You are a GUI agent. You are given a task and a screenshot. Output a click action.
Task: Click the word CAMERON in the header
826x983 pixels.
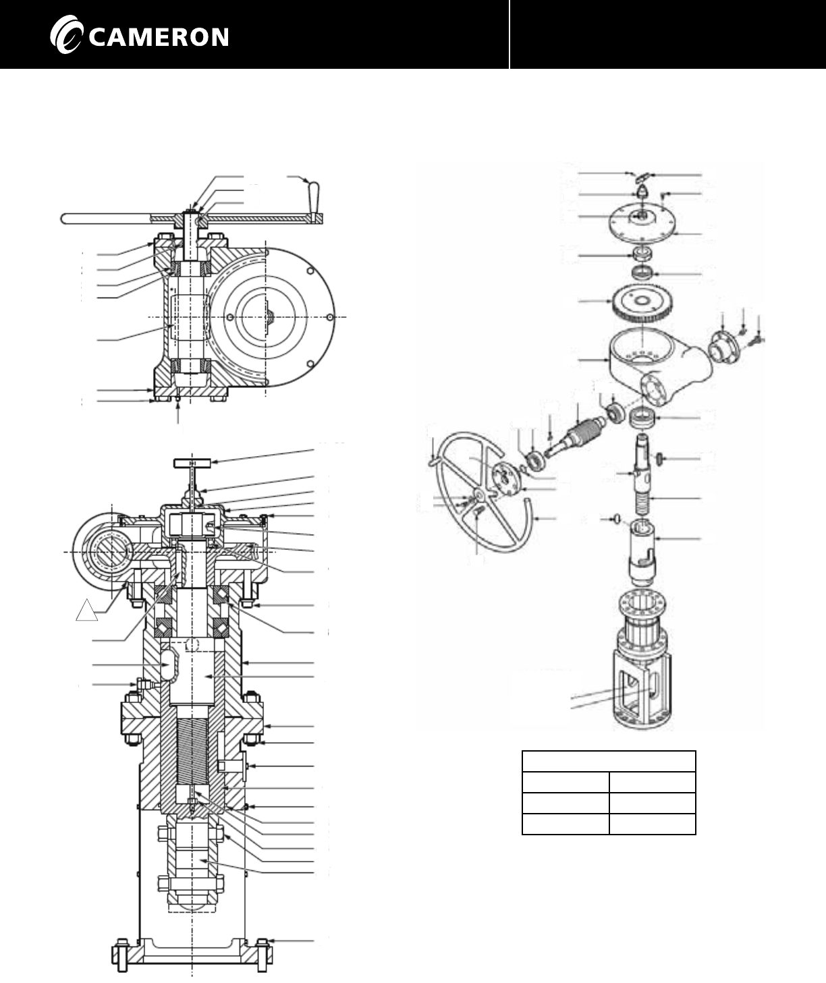158,37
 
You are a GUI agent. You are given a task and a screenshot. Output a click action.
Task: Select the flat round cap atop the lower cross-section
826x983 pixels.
192,463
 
